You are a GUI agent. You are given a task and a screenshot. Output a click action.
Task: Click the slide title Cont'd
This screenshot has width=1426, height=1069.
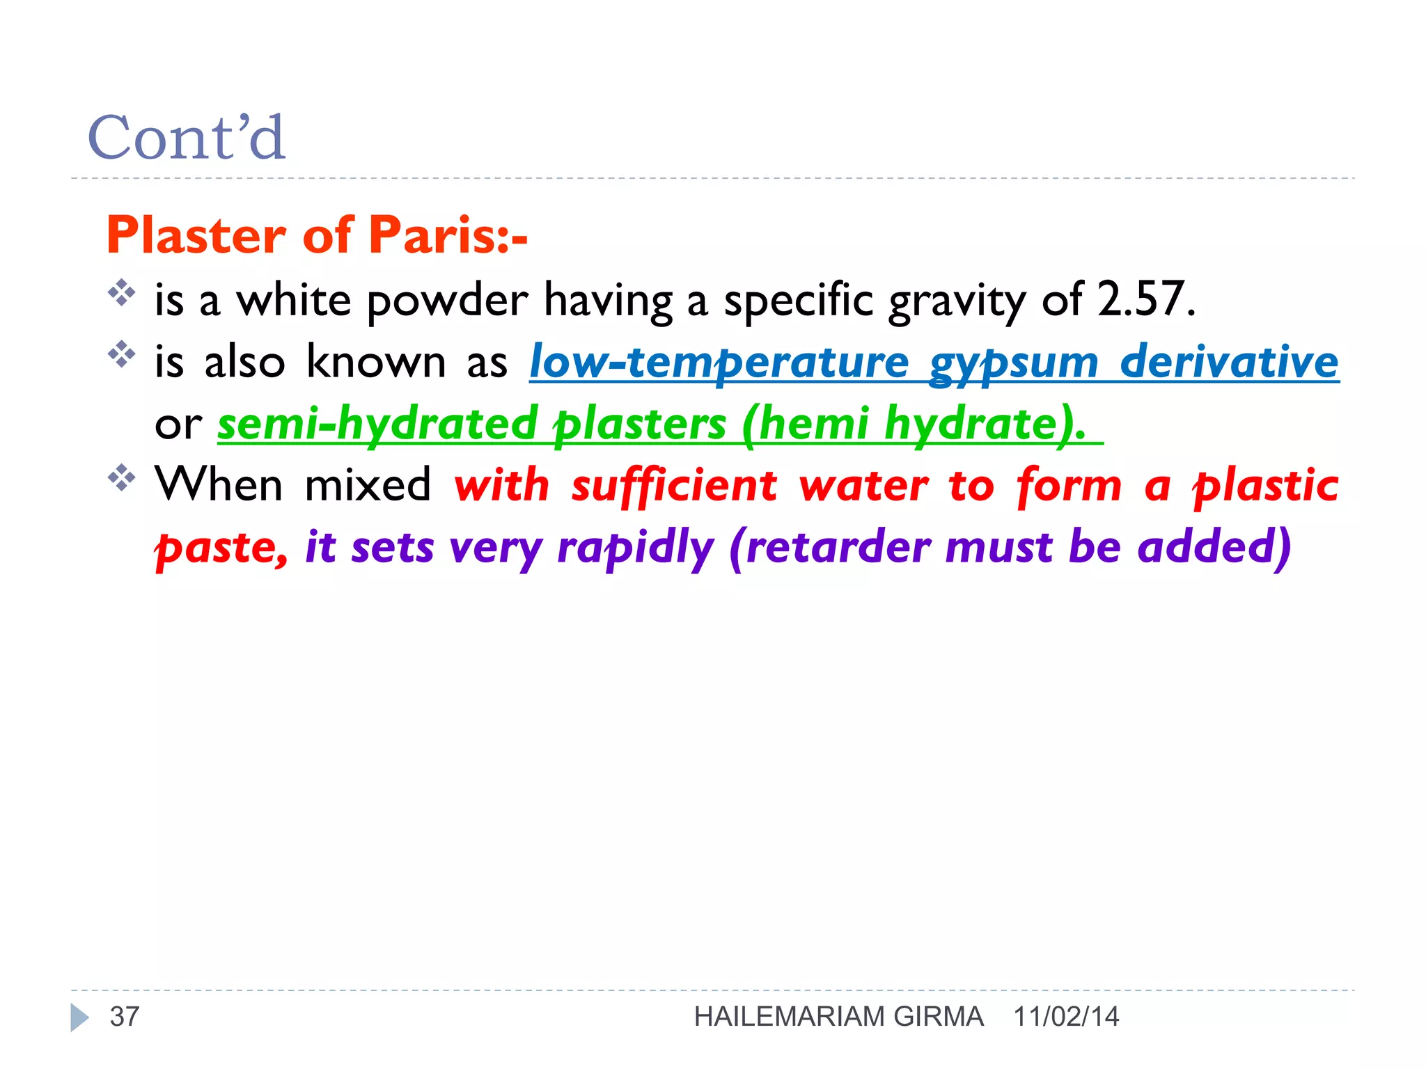[187, 137]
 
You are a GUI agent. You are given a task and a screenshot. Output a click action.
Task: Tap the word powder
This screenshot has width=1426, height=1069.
[447, 301]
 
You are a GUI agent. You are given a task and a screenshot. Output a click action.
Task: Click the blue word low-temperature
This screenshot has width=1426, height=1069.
[719, 362]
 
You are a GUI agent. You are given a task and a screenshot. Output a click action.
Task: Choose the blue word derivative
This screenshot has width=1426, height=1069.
[1229, 362]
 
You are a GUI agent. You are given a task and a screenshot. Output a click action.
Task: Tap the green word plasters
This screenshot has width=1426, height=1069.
[639, 423]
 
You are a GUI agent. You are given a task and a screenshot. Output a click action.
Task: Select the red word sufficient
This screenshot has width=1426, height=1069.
[674, 485]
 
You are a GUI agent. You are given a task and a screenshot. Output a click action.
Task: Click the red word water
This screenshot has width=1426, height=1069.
[863, 485]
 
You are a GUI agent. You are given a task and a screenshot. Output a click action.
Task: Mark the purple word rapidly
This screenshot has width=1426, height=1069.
[635, 548]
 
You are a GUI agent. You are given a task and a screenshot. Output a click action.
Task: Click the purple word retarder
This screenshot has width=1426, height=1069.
[838, 546]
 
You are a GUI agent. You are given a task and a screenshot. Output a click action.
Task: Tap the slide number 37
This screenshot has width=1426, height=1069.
[125, 1017]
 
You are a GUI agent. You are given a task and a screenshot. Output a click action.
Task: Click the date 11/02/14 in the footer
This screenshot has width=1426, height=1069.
[1066, 1017]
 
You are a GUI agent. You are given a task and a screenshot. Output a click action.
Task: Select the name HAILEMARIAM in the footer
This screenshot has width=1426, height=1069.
[790, 1017]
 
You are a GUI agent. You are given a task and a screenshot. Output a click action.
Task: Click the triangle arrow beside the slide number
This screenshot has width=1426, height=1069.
[79, 1017]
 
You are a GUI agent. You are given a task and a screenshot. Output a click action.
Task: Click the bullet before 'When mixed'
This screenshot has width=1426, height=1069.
[122, 477]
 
